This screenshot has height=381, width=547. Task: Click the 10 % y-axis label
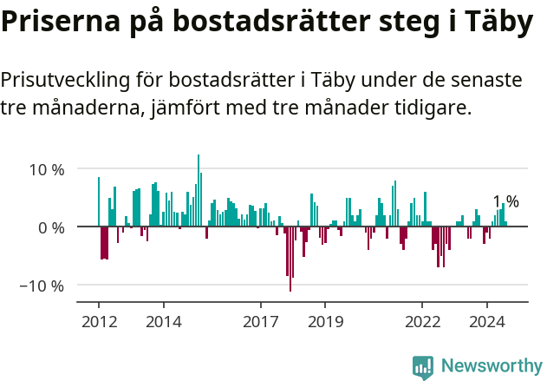[x=45, y=169]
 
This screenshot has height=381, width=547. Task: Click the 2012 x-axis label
[x=98, y=321]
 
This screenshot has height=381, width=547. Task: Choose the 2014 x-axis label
[x=163, y=321]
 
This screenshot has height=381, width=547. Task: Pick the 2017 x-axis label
[x=260, y=321]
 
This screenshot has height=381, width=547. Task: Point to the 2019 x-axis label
[x=325, y=321]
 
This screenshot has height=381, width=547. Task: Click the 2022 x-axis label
[x=422, y=321]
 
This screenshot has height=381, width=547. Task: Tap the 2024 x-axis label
[x=487, y=321]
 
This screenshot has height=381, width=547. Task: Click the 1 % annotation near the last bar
[x=505, y=202]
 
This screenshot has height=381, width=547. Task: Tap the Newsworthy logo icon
[x=423, y=366]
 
